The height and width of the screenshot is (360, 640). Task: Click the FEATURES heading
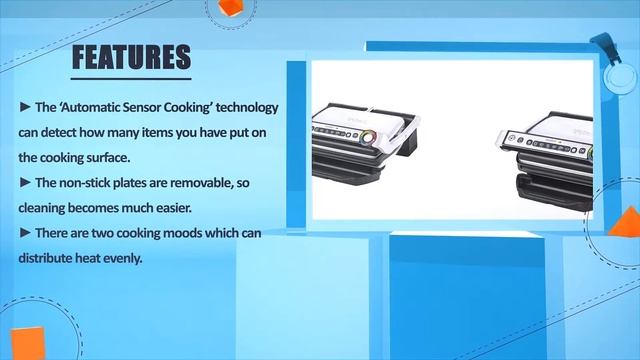[x=131, y=58]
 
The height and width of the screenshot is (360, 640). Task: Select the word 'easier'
[x=209, y=208]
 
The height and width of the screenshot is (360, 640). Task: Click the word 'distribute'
[x=46, y=258]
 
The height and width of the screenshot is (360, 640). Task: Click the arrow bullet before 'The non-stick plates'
[x=25, y=183]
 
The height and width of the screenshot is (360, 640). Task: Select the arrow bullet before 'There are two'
[x=25, y=233]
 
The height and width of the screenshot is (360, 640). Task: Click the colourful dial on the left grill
[x=368, y=137]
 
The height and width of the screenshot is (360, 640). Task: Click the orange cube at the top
[x=231, y=9]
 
